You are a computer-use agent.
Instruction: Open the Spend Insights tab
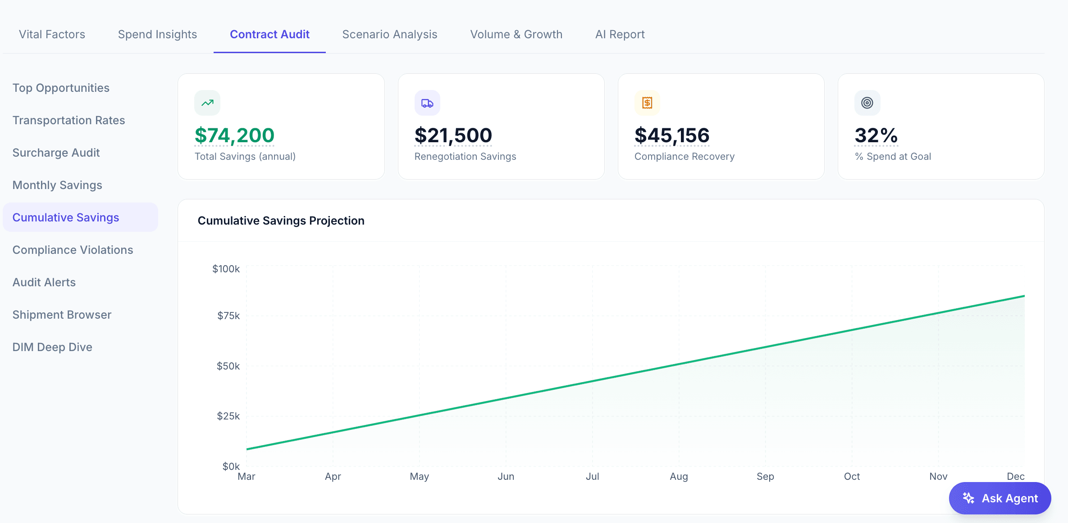(157, 34)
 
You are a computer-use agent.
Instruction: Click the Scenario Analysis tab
(389, 34)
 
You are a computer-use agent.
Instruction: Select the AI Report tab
(620, 34)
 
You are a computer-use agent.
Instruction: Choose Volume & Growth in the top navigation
(516, 34)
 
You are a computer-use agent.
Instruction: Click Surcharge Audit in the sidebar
(56, 153)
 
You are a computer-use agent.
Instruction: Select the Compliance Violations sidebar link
(73, 250)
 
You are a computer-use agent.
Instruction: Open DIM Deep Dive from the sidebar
(52, 347)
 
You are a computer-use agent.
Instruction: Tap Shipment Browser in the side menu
(62, 315)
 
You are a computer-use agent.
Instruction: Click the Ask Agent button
(1000, 498)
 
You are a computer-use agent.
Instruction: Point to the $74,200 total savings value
(234, 135)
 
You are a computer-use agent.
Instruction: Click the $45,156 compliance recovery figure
(672, 135)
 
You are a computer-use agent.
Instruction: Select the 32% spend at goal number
(876, 135)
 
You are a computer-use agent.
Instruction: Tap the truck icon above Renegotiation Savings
(427, 103)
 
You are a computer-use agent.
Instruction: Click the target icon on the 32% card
(867, 103)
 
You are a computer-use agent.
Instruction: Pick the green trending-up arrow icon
(207, 103)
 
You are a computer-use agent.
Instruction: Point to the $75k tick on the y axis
(228, 316)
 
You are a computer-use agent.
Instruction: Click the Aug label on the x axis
(679, 476)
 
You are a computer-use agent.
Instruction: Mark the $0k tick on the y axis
(231, 466)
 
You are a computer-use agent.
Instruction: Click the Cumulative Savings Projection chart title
(281, 221)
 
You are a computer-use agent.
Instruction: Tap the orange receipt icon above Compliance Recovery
(647, 103)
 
